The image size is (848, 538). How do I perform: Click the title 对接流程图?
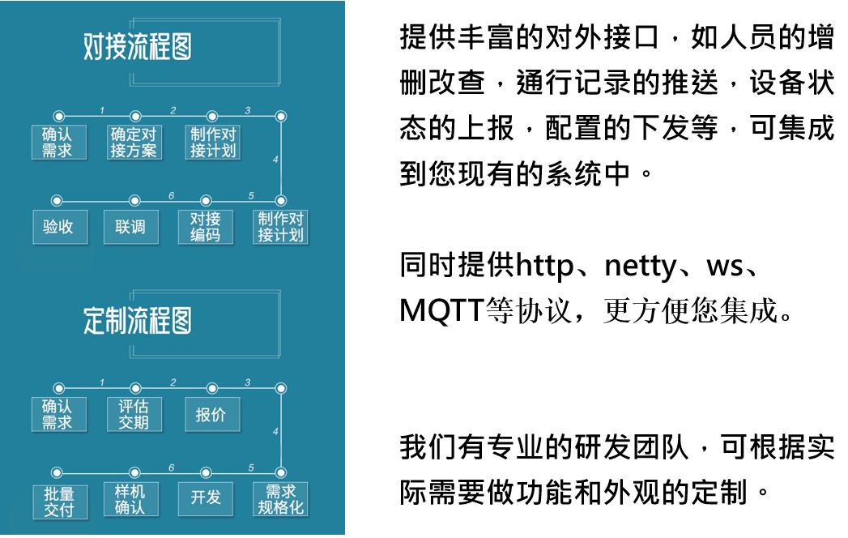[x=138, y=46]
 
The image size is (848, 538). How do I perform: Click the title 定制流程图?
[x=138, y=320]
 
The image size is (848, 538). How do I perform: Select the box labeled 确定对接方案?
[x=134, y=143]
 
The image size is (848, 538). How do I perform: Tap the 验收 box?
[x=60, y=227]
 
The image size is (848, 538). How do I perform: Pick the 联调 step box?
[x=131, y=227]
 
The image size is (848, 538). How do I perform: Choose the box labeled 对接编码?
[x=206, y=227]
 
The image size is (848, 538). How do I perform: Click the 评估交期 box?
[x=134, y=415]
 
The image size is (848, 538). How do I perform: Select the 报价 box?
[x=212, y=415]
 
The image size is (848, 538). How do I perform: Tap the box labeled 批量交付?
[x=60, y=502]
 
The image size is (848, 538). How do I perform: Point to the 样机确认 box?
[x=131, y=499]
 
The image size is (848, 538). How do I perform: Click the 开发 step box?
[x=206, y=499]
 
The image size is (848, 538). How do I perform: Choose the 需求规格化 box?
[x=280, y=499]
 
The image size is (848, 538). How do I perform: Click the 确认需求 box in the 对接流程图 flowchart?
[x=59, y=143]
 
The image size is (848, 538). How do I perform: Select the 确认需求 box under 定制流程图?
[x=59, y=415]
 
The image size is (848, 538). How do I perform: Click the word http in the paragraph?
[x=545, y=266]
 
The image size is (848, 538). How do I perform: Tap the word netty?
[x=641, y=267]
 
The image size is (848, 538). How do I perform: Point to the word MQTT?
[x=441, y=311]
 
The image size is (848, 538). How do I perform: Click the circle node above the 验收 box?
[x=57, y=201]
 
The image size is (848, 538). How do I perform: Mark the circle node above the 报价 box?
[x=212, y=389]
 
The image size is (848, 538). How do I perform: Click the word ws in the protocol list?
[x=724, y=267]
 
